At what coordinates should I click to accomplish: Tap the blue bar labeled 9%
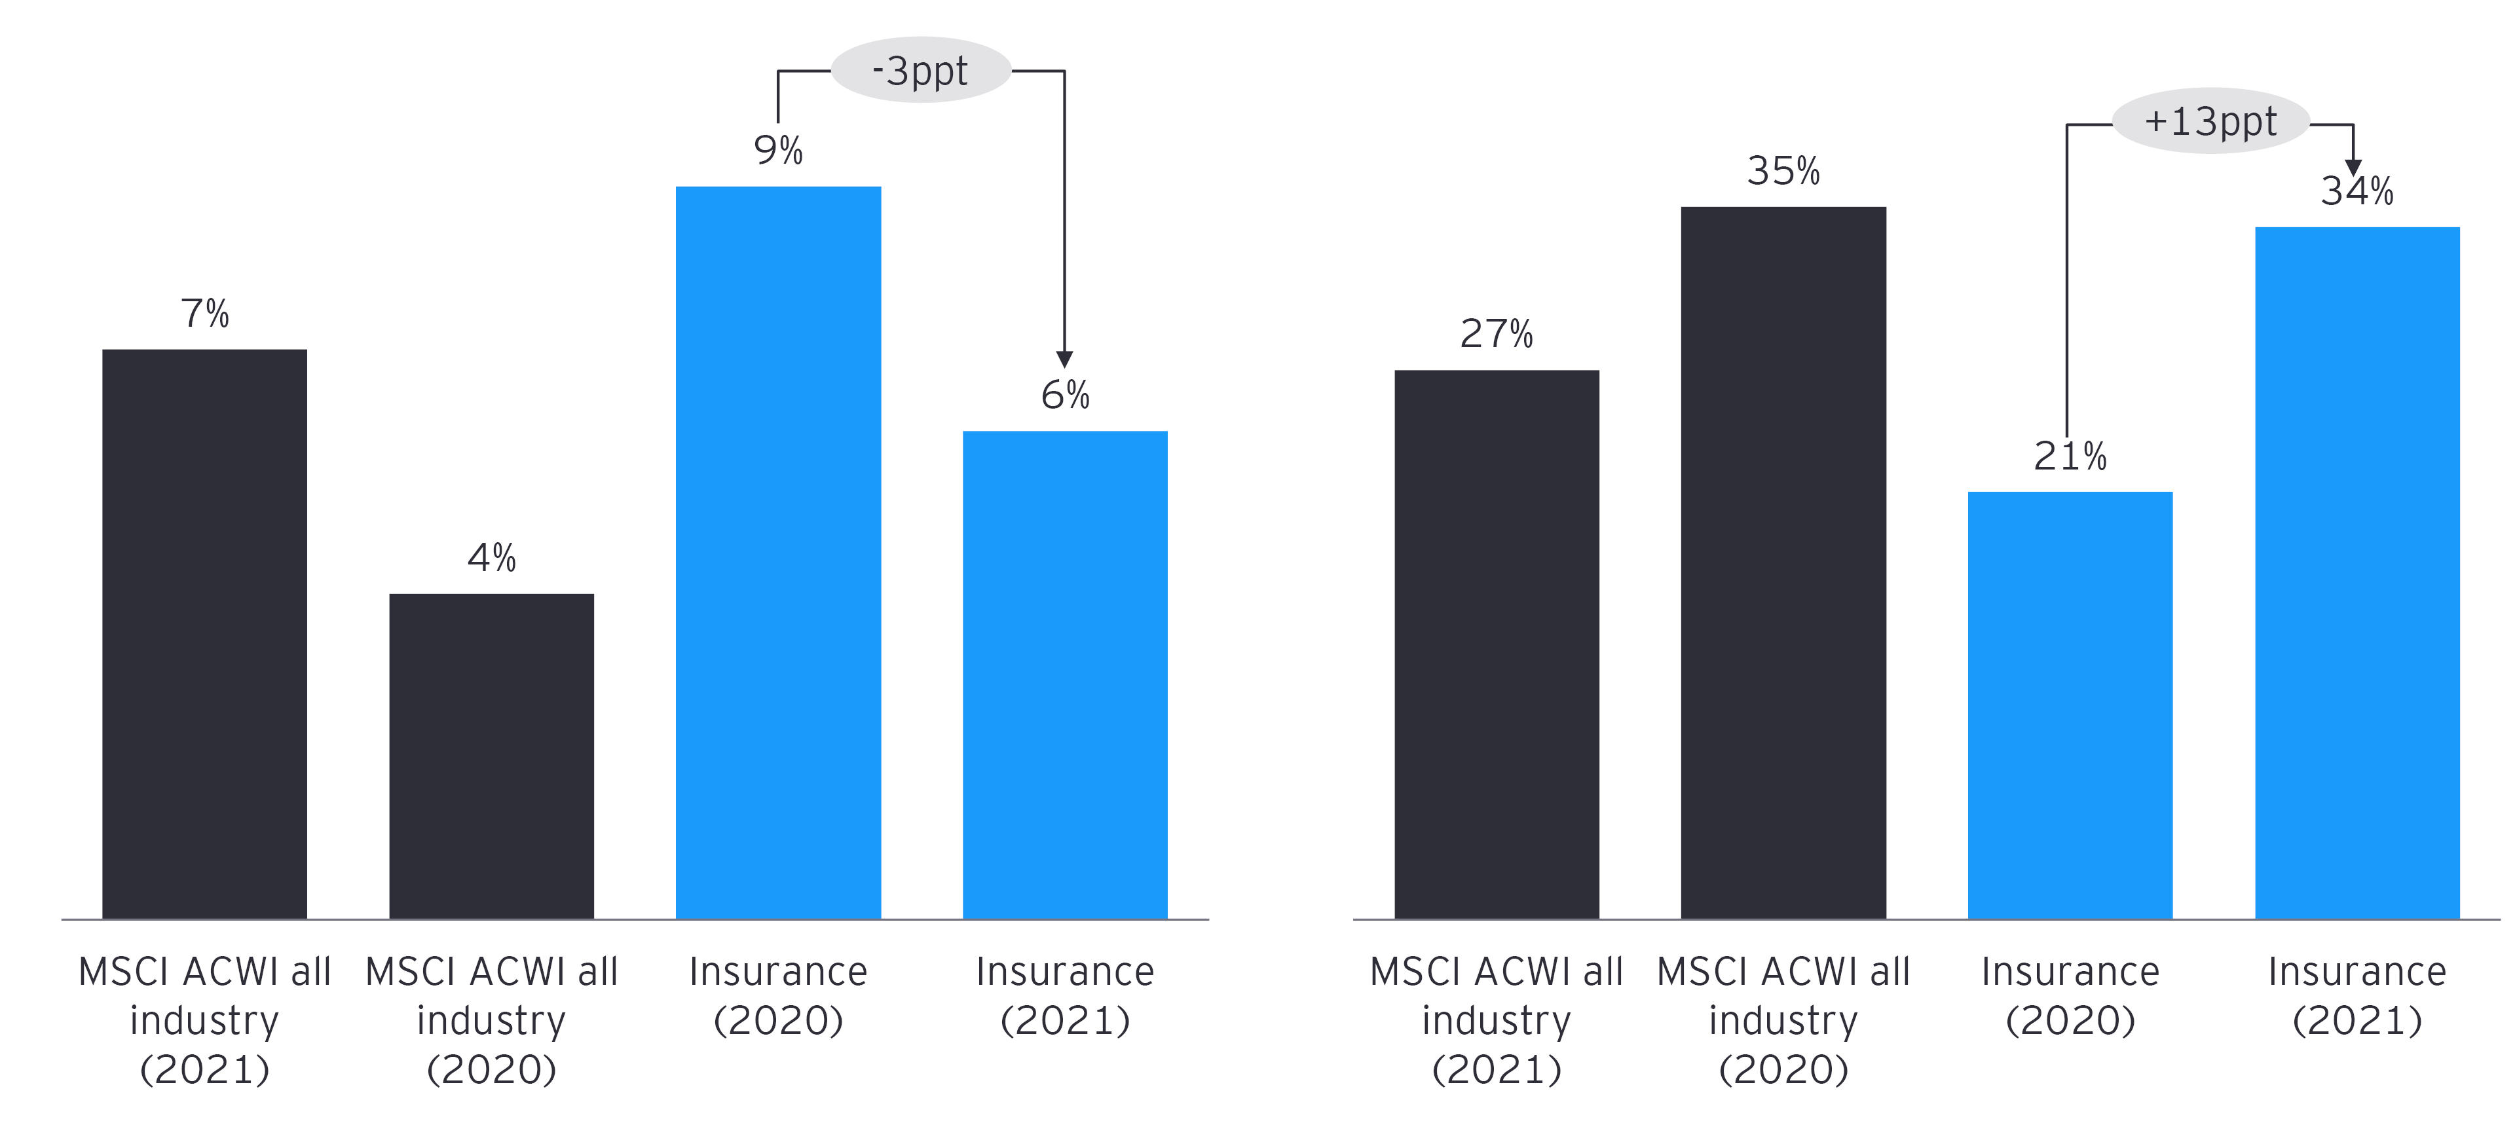(778, 552)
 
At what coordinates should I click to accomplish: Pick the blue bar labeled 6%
(1064, 674)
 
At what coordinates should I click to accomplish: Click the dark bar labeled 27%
(1496, 644)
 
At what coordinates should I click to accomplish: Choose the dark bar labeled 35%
(1783, 562)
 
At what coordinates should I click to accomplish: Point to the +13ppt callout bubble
(2210, 121)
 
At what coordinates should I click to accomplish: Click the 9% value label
(778, 151)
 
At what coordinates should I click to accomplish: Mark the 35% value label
(1783, 171)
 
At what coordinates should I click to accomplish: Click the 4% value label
(491, 558)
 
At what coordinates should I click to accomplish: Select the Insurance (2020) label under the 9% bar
(778, 995)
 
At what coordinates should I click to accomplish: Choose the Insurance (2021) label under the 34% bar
(2357, 995)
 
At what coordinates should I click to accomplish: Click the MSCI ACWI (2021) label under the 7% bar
(204, 1020)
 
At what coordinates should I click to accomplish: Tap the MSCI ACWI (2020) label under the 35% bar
(1783, 1020)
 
